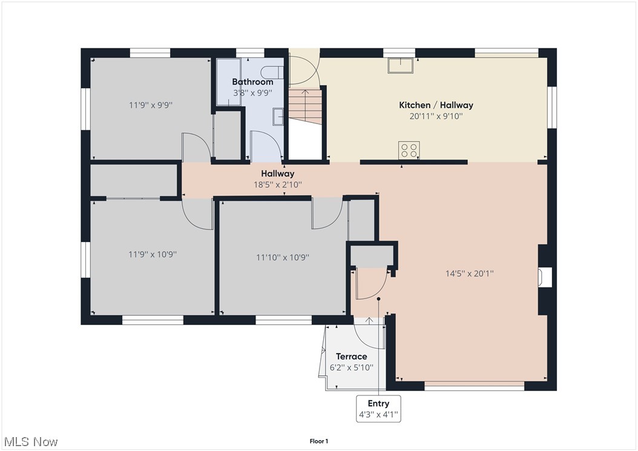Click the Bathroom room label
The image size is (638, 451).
(252, 82)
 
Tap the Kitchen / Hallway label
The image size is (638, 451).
(436, 105)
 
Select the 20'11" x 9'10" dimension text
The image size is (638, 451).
(436, 116)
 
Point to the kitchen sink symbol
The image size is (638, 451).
(401, 65)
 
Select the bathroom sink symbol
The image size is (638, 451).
(279, 115)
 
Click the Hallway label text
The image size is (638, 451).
(278, 174)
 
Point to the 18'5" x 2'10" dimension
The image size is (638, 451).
(278, 185)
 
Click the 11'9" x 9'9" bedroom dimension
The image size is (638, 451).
(151, 105)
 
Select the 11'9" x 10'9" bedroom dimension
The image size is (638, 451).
(152, 255)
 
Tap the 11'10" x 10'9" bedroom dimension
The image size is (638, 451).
(282, 257)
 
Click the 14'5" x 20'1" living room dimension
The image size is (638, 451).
(469, 273)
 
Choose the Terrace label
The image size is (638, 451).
(352, 357)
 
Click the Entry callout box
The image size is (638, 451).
(378, 409)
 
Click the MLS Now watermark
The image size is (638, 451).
(30, 441)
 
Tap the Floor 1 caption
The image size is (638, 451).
(318, 441)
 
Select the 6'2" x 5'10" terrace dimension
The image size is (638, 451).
(352, 367)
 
